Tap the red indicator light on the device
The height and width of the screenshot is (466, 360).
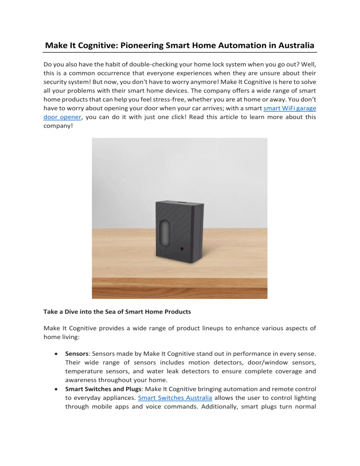click(187, 250)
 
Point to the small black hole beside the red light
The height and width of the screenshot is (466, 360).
click(181, 250)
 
